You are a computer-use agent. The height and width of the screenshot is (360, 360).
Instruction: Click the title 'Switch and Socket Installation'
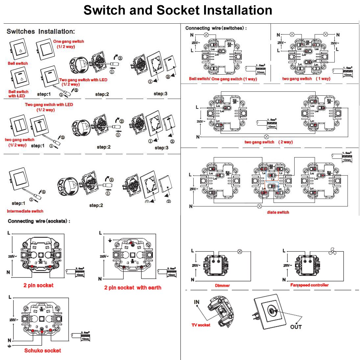pyautogui.click(x=178, y=10)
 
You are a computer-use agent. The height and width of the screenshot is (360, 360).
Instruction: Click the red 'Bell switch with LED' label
pyautogui.click(x=18, y=94)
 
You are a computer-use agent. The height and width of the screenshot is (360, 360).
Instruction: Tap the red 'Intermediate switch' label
pyautogui.click(x=25, y=211)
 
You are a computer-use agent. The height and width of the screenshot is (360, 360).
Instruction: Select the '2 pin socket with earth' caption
pyautogui.click(x=132, y=287)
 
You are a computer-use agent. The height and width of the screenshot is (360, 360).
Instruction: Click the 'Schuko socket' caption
pyautogui.click(x=43, y=350)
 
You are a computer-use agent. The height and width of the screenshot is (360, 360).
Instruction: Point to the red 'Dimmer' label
pyautogui.click(x=222, y=285)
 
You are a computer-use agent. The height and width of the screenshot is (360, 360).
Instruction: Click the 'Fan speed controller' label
pyautogui.click(x=309, y=285)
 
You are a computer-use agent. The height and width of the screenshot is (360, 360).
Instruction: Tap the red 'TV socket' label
pyautogui.click(x=201, y=325)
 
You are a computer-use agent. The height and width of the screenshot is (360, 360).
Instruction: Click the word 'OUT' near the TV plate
pyautogui.click(x=296, y=327)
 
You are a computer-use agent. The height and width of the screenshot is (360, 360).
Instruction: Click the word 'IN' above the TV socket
pyautogui.click(x=197, y=302)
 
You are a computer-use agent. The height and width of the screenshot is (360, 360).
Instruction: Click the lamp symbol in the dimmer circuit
pyautogui.click(x=240, y=251)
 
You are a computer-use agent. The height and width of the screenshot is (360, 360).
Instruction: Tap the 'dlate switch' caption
pyautogui.click(x=278, y=212)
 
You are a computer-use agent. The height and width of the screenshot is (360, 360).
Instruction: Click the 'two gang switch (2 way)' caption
pyautogui.click(x=268, y=142)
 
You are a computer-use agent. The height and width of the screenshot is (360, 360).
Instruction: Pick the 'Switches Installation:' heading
pyautogui.click(x=41, y=32)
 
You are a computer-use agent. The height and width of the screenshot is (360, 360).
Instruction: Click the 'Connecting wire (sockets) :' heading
pyautogui.click(x=39, y=221)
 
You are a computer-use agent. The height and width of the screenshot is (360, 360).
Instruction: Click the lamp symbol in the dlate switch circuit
pyautogui.click(x=259, y=206)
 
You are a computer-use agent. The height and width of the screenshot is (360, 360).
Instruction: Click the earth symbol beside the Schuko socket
pyautogui.click(x=10, y=346)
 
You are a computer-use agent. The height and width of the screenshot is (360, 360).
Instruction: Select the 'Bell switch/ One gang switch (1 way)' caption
pyautogui.click(x=223, y=79)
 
